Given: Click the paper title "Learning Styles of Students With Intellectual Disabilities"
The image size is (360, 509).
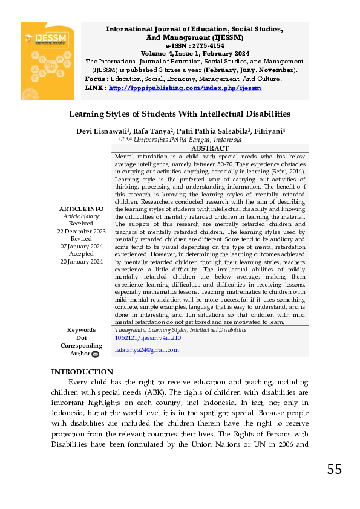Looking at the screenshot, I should point(180,114).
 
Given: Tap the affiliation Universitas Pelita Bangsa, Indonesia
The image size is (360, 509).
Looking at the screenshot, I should point(188,139).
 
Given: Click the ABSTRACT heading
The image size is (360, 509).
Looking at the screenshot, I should point(210,148).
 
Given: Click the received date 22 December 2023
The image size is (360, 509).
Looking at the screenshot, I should point(81,231).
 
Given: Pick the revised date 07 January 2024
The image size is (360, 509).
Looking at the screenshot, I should point(81,246).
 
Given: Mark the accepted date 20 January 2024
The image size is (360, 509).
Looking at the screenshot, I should point(81,261).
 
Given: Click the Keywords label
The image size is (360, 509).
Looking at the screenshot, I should point(81,330).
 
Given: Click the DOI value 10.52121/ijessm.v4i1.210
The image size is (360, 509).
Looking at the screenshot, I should point(148,338).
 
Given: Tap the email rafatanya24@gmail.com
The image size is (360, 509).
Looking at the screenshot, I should point(147,350).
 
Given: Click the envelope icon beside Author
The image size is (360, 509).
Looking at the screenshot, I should point(95,354).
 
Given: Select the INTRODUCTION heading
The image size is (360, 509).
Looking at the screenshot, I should point(82,372).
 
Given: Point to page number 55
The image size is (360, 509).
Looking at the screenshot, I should point(334,469).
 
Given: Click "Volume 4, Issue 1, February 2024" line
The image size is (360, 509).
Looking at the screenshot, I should point(195,53).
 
